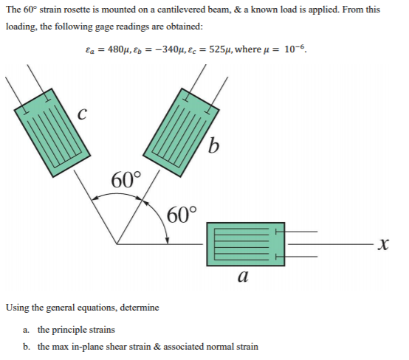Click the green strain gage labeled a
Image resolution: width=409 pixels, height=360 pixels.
(x=245, y=244)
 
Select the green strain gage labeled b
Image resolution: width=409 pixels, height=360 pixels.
(x=181, y=133)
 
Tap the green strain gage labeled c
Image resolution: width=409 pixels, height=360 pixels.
(x=52, y=133)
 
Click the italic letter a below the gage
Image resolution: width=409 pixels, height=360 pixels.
(x=243, y=277)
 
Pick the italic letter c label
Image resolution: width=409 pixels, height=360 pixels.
(x=82, y=114)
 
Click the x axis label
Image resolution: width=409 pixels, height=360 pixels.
(x=383, y=244)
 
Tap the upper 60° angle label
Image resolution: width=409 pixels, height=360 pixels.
(x=126, y=180)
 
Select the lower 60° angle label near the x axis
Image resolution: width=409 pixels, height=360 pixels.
(x=182, y=215)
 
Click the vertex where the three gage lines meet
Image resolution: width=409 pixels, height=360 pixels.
(x=117, y=244)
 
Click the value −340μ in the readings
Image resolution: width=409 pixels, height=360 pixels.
(x=171, y=49)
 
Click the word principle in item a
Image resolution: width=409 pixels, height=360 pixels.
(x=70, y=330)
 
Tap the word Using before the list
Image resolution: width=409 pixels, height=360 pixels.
(x=18, y=308)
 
